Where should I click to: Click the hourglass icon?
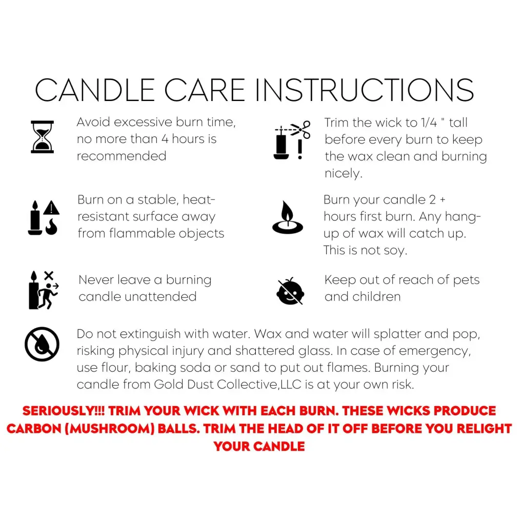click(42, 137)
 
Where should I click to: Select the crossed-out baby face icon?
click(290, 291)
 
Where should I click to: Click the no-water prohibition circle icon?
click(42, 344)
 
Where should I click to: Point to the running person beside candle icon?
click(44, 290)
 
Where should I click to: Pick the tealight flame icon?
click(288, 217)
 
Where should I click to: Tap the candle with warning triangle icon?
click(44, 217)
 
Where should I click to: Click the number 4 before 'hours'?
click(165, 139)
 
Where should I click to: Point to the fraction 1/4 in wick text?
click(429, 123)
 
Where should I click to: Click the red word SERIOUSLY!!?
click(64, 411)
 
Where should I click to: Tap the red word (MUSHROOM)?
click(110, 429)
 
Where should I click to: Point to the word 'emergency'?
click(435, 351)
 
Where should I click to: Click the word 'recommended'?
click(122, 156)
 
